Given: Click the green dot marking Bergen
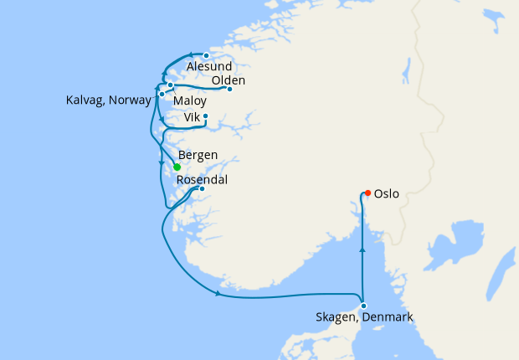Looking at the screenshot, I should coord(177,167).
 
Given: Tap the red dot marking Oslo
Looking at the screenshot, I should coord(367,193).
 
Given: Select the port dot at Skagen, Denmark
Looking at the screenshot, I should coord(363,306).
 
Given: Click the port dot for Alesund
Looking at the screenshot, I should coord(206,56).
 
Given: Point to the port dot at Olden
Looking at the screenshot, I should coord(229,89).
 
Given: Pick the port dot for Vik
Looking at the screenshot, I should coord(205,116).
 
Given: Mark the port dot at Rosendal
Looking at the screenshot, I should coord(202,188).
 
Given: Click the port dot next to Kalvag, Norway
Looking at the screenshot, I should coord(162,94).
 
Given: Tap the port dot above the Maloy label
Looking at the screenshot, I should coord(170,85).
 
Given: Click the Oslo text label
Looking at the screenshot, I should coord(386,194).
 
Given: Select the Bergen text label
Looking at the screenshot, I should coord(198,155).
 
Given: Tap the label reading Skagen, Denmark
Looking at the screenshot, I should coord(364,318).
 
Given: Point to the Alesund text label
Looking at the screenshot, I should coord(209,67).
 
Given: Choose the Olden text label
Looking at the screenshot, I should coord(229,80).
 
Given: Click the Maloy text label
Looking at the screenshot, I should coord(190,101).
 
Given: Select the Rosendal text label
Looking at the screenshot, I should coord(202,179).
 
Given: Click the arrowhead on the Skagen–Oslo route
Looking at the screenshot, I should coord(362,249).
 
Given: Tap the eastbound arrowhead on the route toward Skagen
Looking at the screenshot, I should coord(219,294).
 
